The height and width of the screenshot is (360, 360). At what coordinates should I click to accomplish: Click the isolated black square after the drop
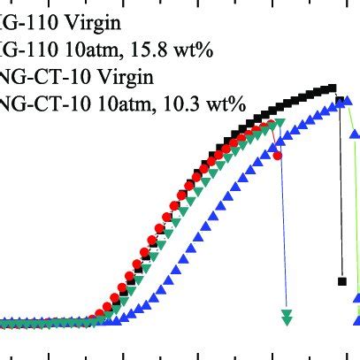pos(341,281)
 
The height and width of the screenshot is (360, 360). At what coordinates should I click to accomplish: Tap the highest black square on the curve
pos(333,88)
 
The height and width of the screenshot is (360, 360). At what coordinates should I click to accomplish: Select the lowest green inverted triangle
pos(286,320)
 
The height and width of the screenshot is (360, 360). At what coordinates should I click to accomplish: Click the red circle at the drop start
pos(279,155)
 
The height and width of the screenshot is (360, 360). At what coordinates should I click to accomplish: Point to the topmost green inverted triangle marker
pos(280,122)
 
